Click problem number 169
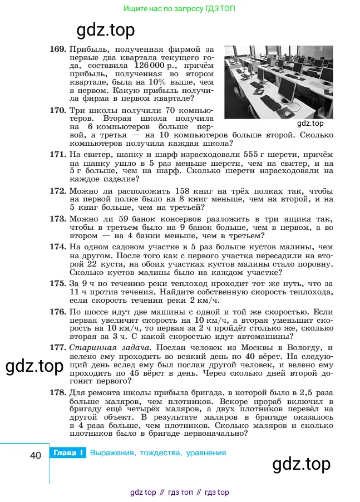(x=58, y=50)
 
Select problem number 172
(x=58, y=190)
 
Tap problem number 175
(x=58, y=283)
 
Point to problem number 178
(x=58, y=392)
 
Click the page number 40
(x=36, y=455)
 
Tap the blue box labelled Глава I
(x=68, y=453)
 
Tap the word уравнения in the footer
(x=204, y=453)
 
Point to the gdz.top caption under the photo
(x=310, y=124)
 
